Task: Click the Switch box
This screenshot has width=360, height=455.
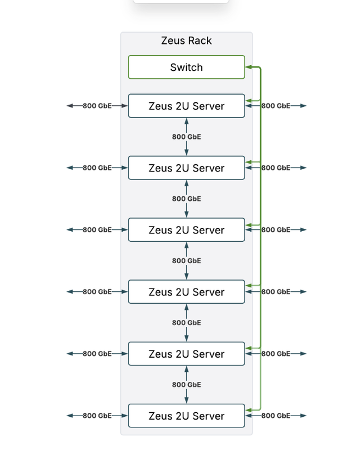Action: coord(186,67)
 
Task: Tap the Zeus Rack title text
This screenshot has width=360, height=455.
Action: coord(186,40)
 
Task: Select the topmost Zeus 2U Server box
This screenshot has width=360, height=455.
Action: coord(186,106)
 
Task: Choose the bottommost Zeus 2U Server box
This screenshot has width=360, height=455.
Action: coord(186,416)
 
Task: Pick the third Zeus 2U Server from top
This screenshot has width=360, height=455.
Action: coord(186,229)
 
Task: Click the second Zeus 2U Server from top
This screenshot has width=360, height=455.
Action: coord(186,168)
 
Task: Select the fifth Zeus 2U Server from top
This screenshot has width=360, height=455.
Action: coord(186,354)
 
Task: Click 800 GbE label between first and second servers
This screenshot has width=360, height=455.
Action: coord(186,137)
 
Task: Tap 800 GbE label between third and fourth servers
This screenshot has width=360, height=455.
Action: coord(186,260)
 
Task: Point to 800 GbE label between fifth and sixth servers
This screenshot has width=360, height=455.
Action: coord(186,385)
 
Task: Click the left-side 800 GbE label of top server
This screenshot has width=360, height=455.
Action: coord(97,106)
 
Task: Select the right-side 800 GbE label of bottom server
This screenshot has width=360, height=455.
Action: coord(276,416)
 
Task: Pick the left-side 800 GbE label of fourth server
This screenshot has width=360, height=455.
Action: coord(97,291)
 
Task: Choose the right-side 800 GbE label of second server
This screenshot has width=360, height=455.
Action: coord(276,168)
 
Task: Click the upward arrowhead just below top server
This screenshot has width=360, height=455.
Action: coord(186,121)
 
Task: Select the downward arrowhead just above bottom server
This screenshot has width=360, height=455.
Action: coord(186,400)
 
